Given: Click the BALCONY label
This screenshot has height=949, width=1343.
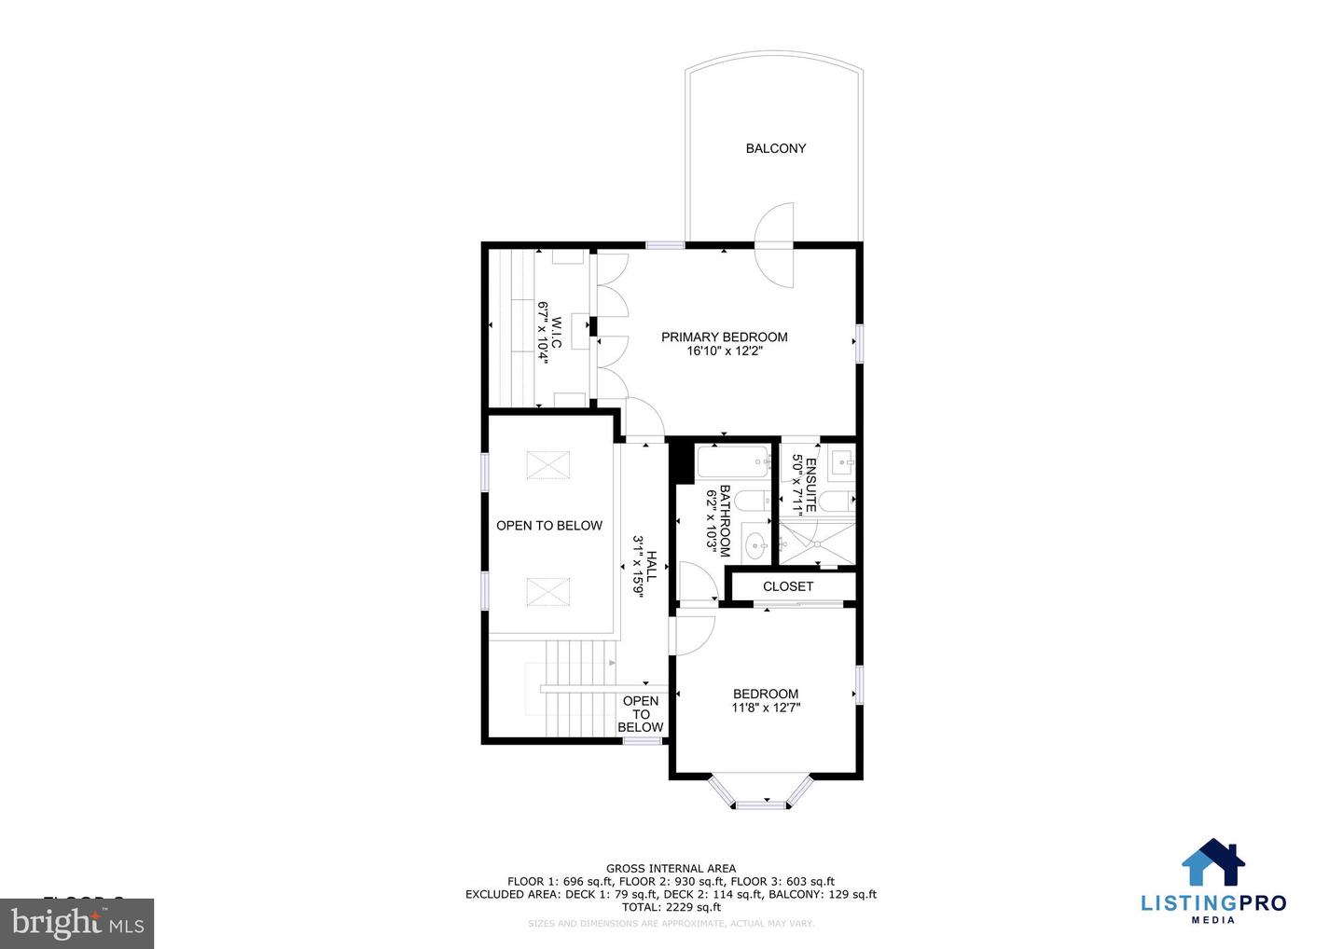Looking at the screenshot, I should point(775,148).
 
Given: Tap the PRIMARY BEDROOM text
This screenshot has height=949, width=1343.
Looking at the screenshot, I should point(724,337).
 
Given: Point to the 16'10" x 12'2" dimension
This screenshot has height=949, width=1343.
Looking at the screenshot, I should point(725,351).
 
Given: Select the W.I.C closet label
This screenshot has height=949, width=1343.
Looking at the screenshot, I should point(556,332).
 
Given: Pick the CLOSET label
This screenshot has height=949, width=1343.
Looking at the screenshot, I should point(788,586).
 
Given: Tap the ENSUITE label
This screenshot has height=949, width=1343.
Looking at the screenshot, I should point(810,484).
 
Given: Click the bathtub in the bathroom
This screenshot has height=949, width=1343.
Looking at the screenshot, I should point(733,461).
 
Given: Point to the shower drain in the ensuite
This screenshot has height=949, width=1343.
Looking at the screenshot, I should point(817,541).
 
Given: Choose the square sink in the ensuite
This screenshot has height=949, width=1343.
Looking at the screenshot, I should point(841,460).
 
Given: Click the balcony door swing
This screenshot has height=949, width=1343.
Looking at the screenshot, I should point(774,244).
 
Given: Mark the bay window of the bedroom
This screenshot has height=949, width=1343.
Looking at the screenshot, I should point(765,792).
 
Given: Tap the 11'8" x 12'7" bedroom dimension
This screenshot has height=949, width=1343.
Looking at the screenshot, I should point(766,708).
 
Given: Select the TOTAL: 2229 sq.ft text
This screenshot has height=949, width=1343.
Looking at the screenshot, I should point(671,907).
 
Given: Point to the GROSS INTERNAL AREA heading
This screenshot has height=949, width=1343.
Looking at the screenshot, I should point(671,869).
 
